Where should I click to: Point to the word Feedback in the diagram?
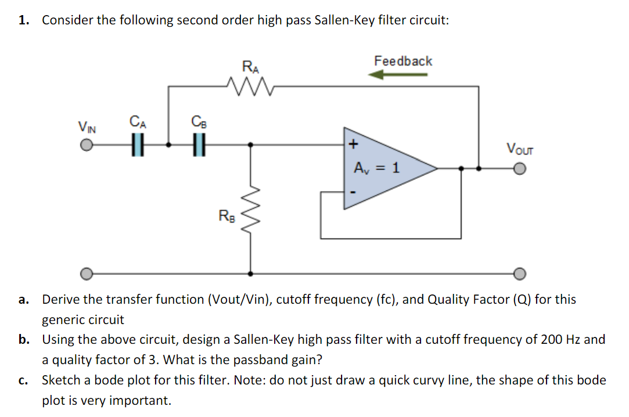(x=403, y=61)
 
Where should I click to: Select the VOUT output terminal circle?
(x=519, y=169)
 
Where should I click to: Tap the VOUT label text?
(x=519, y=148)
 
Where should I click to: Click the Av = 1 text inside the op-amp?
(x=376, y=168)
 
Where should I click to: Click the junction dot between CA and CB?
(x=168, y=145)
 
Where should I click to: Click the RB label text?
(x=227, y=216)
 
